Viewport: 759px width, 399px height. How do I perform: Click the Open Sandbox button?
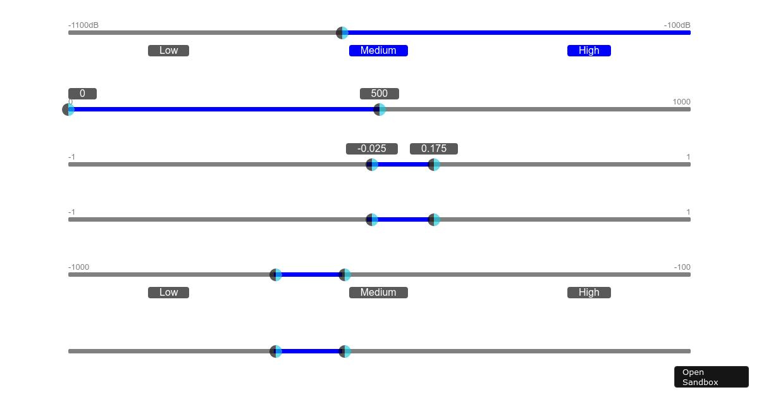tap(711, 377)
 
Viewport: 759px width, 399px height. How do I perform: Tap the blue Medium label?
tap(378, 51)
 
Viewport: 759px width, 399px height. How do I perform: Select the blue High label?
tap(589, 51)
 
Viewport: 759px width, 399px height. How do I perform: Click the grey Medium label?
tap(378, 293)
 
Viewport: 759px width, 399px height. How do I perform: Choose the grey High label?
tap(589, 293)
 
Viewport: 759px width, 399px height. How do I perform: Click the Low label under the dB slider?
tap(168, 51)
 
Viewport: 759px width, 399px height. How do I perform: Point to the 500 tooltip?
tap(379, 94)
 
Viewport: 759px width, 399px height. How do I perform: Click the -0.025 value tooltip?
tap(372, 149)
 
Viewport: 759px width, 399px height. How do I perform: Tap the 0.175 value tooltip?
tap(434, 149)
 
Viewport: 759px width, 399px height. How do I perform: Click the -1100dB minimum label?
tap(83, 25)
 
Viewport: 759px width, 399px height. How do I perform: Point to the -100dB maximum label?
tap(677, 25)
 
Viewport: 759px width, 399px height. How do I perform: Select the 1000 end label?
tap(681, 102)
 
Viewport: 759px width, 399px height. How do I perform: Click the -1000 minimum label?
tap(78, 267)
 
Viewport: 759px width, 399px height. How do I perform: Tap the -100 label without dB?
tap(682, 267)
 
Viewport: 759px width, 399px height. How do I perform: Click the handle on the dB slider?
tap(342, 33)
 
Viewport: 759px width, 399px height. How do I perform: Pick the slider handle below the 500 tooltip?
tap(379, 110)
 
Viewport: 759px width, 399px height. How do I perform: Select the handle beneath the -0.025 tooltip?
tap(372, 165)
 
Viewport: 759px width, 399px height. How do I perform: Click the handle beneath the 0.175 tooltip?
tap(434, 165)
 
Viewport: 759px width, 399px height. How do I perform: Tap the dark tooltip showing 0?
tap(82, 94)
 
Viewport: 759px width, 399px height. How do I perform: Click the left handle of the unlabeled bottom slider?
tap(276, 351)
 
